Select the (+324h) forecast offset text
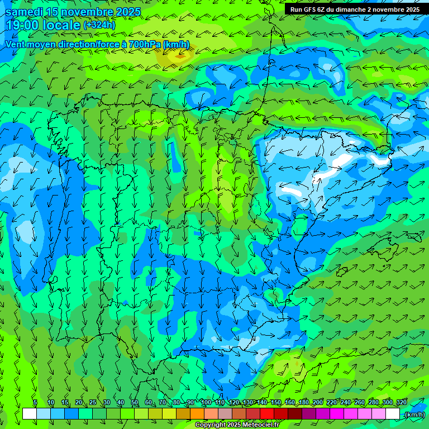point(100,25)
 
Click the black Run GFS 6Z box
point(355,9)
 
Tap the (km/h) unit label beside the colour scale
point(414,414)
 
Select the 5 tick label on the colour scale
point(35,402)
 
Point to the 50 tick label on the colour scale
point(134,402)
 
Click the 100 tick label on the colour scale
point(206,402)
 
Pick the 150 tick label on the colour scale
point(276,402)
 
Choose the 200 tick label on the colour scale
point(318,402)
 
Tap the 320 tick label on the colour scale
point(401,402)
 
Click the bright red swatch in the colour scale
point(267,414)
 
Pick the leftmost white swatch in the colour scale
point(30,414)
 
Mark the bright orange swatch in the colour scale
point(197,414)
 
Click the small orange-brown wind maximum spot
point(179,55)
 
